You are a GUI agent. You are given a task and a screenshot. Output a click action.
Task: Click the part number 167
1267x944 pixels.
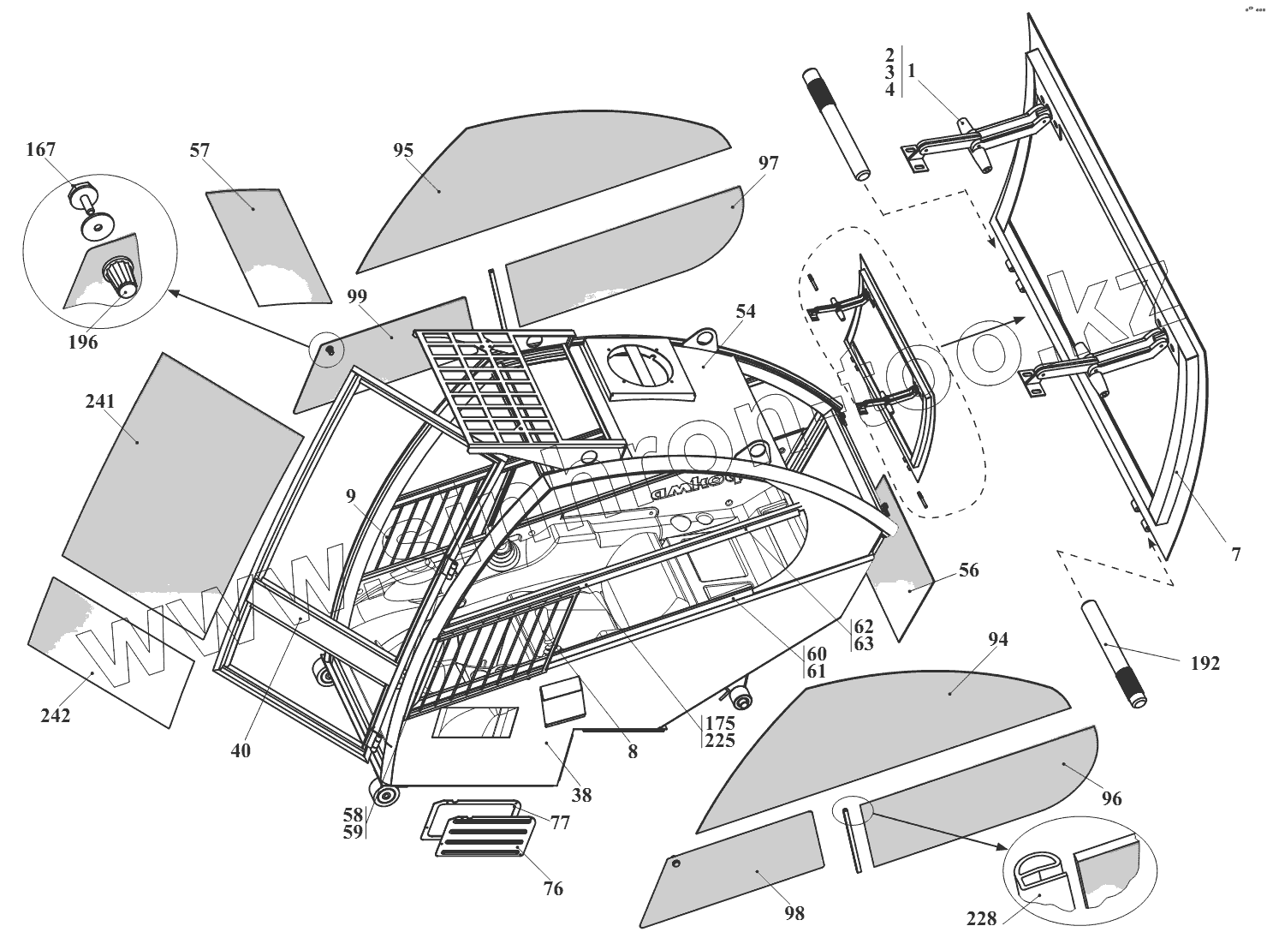tap(41, 150)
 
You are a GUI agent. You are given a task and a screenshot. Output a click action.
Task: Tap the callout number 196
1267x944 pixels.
tap(83, 343)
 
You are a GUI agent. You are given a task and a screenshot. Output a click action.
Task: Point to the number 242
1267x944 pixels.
tap(56, 715)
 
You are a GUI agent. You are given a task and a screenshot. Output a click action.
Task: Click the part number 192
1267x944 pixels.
tap(1205, 662)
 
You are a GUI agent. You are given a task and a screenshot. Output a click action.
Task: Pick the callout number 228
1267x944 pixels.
tap(981, 918)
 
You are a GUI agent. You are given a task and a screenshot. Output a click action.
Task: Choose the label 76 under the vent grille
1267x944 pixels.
tap(554, 888)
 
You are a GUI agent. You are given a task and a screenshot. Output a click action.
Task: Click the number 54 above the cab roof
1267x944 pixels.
tap(746, 311)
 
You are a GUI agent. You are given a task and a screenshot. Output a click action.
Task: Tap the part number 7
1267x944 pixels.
tap(1236, 554)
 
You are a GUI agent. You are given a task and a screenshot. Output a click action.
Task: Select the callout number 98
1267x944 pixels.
tap(794, 913)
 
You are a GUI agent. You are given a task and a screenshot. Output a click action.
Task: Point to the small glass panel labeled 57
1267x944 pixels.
tap(265, 244)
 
